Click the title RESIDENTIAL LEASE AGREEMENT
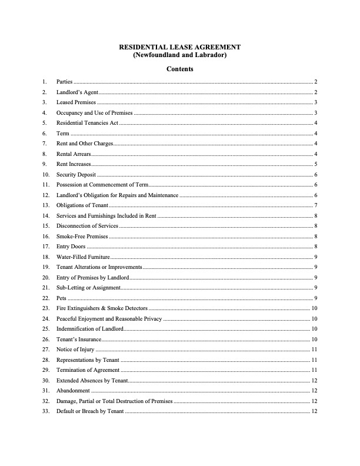pos(179,46)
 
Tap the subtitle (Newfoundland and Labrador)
pos(179,55)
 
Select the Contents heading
pos(179,69)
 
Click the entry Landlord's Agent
pos(77,92)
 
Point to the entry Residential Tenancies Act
pos(87,123)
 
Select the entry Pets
pos(61,298)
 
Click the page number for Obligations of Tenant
pos(316,205)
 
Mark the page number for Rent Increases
pos(316,164)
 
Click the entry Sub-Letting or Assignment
pos(88,288)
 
